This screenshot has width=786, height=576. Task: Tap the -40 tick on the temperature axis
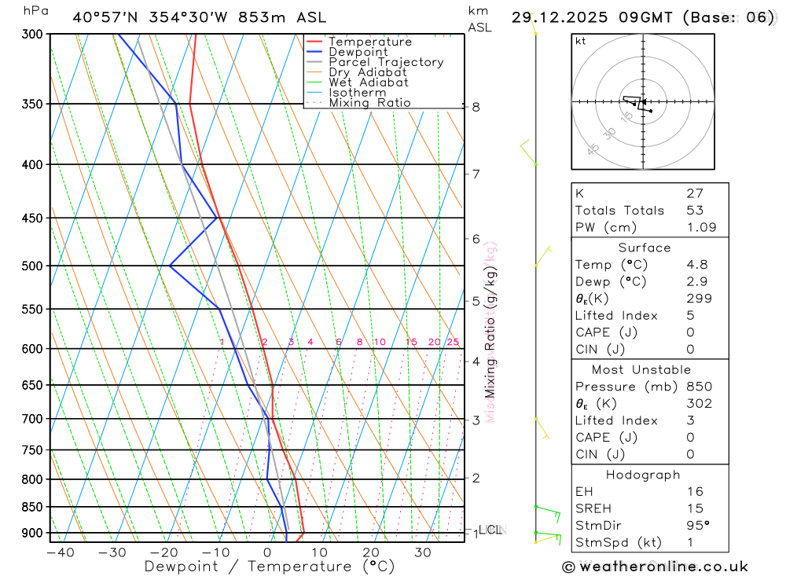click(x=60, y=552)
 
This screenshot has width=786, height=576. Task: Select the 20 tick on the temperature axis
click(x=371, y=552)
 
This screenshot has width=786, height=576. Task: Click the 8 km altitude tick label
click(x=476, y=107)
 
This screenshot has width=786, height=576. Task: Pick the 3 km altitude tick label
click(x=476, y=420)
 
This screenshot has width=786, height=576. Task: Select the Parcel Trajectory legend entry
click(x=386, y=62)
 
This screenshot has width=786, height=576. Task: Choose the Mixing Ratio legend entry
click(x=369, y=103)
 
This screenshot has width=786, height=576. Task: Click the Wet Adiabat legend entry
click(x=369, y=83)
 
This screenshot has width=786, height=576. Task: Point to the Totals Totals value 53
click(x=694, y=211)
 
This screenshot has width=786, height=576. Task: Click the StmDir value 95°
click(x=697, y=526)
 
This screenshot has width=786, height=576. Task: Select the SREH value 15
click(x=694, y=509)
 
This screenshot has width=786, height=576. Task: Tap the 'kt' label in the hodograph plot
click(x=581, y=42)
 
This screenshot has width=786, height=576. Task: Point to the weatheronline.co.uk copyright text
click(x=655, y=567)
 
